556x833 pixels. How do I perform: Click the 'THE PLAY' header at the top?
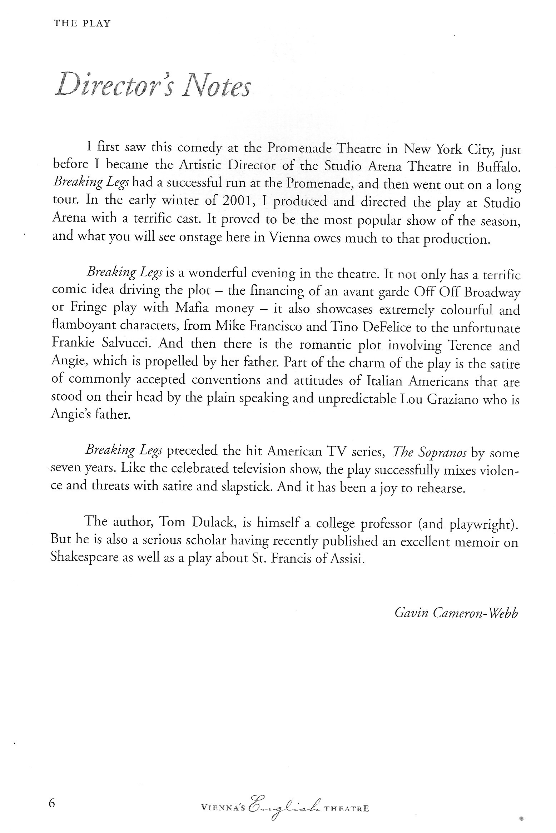tap(82, 24)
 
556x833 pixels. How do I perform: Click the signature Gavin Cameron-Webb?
tap(456, 613)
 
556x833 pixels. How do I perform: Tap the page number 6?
tap(52, 803)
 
